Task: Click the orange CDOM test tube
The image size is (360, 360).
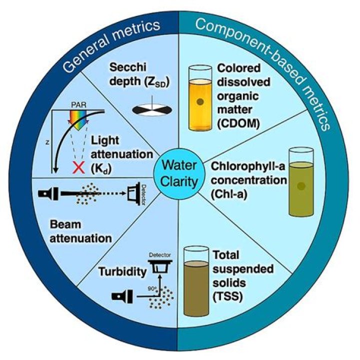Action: point(200,98)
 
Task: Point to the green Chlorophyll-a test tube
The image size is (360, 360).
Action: point(301,182)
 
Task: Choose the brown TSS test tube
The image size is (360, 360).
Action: point(196,281)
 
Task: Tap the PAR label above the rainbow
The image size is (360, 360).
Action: point(78,105)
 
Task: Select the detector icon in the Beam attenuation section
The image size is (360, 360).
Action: point(134,194)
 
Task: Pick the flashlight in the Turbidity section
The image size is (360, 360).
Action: point(122,296)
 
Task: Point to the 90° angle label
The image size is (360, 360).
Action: point(152,289)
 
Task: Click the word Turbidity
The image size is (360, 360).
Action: point(122,272)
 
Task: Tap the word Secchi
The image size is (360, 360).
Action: point(128,67)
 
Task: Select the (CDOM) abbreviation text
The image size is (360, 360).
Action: point(238,124)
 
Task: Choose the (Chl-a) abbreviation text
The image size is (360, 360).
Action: point(229,194)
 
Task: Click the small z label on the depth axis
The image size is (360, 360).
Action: point(47,143)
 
